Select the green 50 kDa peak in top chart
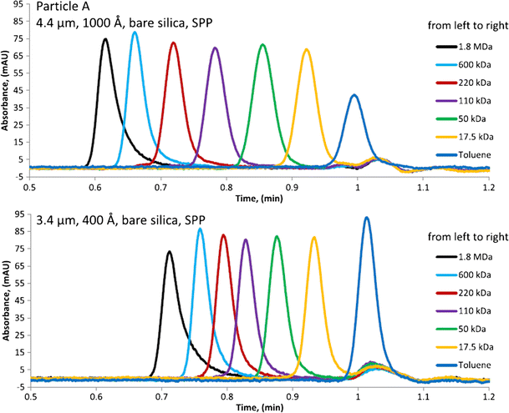(x=262, y=46)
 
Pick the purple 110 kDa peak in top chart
(x=216, y=49)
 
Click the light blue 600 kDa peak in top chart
(x=135, y=34)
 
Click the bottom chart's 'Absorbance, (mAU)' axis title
(x=6, y=310)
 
